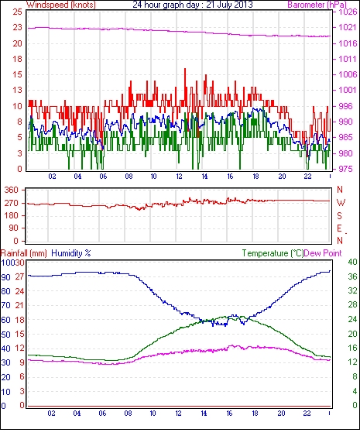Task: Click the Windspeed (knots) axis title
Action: click(61, 5)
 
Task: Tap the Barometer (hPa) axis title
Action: click(317, 5)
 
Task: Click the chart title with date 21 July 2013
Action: click(193, 5)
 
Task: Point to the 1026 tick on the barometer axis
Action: click(348, 12)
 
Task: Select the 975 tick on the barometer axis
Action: click(345, 169)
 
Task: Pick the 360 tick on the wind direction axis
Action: click(12, 191)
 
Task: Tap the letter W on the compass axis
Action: click(341, 203)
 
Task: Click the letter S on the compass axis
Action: click(339, 215)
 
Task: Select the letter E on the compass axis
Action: click(339, 228)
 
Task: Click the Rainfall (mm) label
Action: click(24, 253)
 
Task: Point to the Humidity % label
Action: click(71, 253)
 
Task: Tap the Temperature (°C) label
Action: click(273, 253)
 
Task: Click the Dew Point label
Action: click(323, 253)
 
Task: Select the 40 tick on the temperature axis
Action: click(352, 262)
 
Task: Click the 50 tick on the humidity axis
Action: click(5, 335)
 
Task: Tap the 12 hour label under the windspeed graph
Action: click(179, 177)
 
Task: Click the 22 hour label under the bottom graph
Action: click(307, 414)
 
